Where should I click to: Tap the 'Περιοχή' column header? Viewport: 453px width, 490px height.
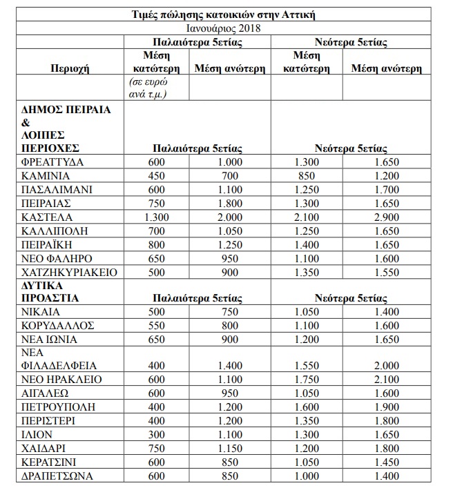click(x=70, y=68)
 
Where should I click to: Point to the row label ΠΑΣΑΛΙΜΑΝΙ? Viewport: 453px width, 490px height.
click(x=57, y=189)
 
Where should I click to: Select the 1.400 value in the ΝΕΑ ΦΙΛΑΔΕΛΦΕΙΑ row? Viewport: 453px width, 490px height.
click(x=221, y=366)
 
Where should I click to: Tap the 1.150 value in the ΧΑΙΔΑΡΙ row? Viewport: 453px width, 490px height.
click(x=221, y=449)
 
